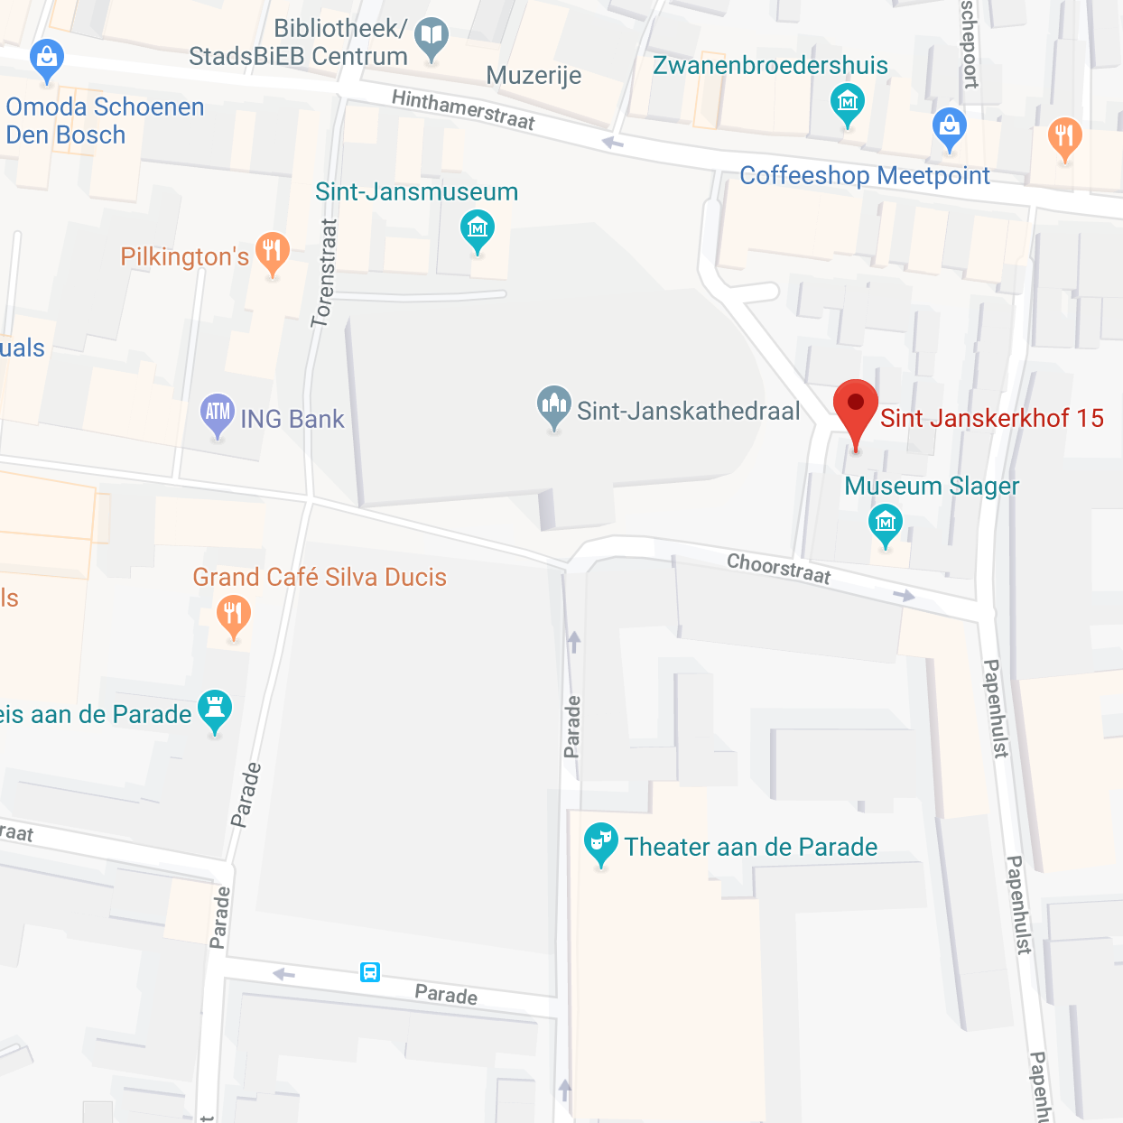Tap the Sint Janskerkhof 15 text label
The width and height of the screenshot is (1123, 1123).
[991, 418]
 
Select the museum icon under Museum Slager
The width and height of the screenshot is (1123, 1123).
[885, 523]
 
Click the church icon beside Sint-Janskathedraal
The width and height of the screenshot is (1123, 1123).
[553, 405]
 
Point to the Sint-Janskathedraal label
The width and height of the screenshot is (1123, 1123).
[688, 412]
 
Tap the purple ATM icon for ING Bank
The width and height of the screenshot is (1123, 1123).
[218, 413]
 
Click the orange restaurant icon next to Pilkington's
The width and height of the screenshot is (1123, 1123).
[272, 252]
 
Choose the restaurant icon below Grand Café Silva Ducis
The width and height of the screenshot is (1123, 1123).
[233, 616]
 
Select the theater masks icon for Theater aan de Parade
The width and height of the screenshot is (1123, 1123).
[600, 842]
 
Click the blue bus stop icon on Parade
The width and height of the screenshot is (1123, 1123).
[370, 972]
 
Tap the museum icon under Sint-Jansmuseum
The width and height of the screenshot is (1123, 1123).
[477, 229]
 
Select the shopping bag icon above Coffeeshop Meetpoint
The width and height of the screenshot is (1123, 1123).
[949, 126]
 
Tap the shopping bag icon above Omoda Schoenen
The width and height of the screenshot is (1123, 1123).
[46, 59]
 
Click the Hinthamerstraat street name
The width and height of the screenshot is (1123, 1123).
[463, 110]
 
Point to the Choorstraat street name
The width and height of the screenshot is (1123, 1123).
[778, 569]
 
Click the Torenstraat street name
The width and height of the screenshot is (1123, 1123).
[324, 273]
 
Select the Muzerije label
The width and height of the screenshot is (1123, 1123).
[534, 76]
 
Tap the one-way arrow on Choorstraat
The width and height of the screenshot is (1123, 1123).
[904, 595]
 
